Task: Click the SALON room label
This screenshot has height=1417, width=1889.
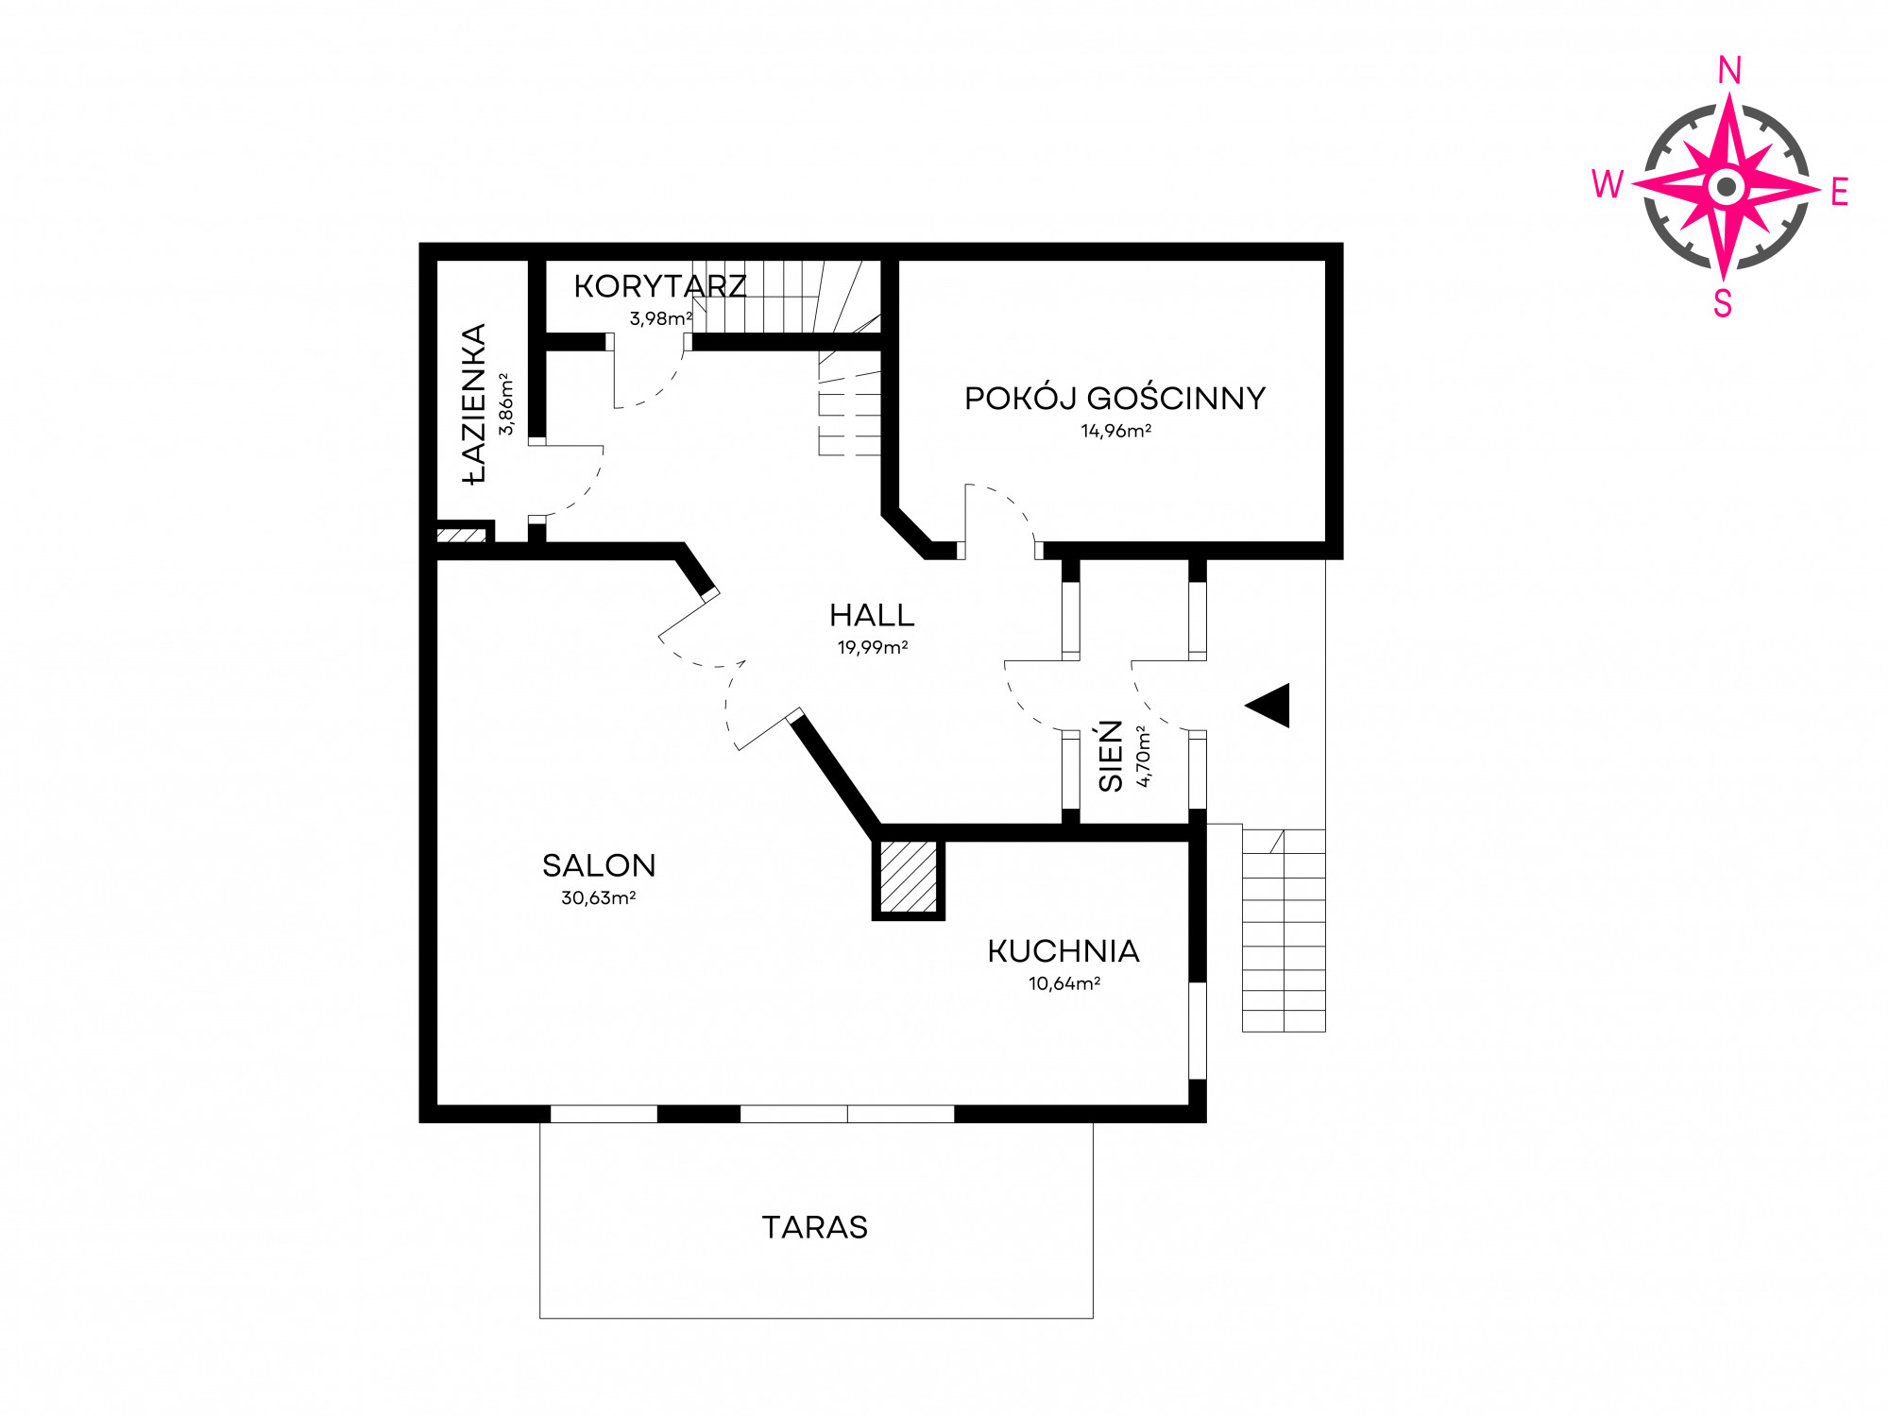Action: [599, 865]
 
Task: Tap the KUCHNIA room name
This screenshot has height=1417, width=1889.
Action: [1064, 951]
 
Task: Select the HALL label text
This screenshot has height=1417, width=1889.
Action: [872, 616]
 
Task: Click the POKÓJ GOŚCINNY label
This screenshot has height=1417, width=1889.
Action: [1115, 398]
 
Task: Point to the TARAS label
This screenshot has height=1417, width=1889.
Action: [815, 1227]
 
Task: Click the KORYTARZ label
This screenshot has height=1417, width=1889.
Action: [660, 286]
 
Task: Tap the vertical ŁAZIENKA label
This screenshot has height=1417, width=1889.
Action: [474, 404]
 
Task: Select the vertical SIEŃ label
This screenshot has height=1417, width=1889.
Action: [1111, 756]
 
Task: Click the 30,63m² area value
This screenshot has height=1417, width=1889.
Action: [599, 897]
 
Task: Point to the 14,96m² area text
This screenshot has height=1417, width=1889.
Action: [1116, 431]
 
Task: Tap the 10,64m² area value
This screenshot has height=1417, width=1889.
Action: [1064, 983]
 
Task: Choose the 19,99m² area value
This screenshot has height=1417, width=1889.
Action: [873, 647]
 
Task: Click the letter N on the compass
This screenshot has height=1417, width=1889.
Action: [1729, 71]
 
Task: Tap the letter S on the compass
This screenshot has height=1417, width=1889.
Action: [1723, 304]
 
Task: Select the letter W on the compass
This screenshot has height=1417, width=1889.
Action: [1608, 184]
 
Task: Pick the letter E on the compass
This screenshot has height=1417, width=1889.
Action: [1839, 193]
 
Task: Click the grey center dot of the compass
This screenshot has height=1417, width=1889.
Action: [1727, 187]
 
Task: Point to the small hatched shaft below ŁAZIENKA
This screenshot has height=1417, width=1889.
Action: [462, 535]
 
